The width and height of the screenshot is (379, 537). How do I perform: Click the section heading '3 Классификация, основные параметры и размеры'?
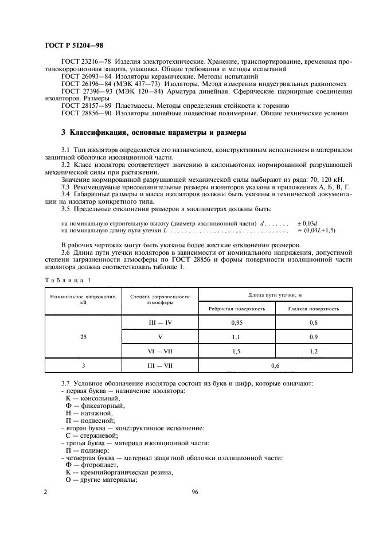154,133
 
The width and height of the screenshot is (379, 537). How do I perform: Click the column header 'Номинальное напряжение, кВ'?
83,299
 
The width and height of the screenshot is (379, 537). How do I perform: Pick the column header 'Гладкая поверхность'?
314,308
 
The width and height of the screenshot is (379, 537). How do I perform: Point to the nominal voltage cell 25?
83,336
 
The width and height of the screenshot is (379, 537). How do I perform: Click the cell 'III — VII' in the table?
160,365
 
